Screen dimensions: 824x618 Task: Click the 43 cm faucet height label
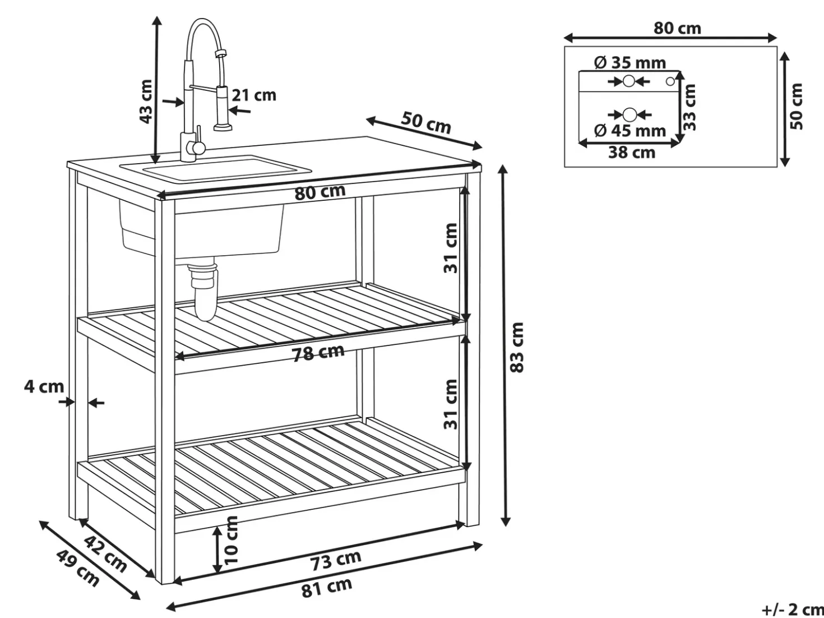pyautogui.click(x=146, y=102)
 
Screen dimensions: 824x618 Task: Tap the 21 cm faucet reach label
pyautogui.click(x=254, y=95)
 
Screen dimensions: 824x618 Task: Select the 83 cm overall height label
pyautogui.click(x=517, y=348)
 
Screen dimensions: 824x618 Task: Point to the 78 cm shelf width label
pyautogui.click(x=318, y=353)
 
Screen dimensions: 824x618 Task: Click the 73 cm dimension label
pyautogui.click(x=336, y=561)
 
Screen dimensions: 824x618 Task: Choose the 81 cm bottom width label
pyautogui.click(x=327, y=589)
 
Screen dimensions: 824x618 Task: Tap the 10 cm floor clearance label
pyautogui.click(x=231, y=540)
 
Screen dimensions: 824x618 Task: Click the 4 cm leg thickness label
pyautogui.click(x=44, y=387)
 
